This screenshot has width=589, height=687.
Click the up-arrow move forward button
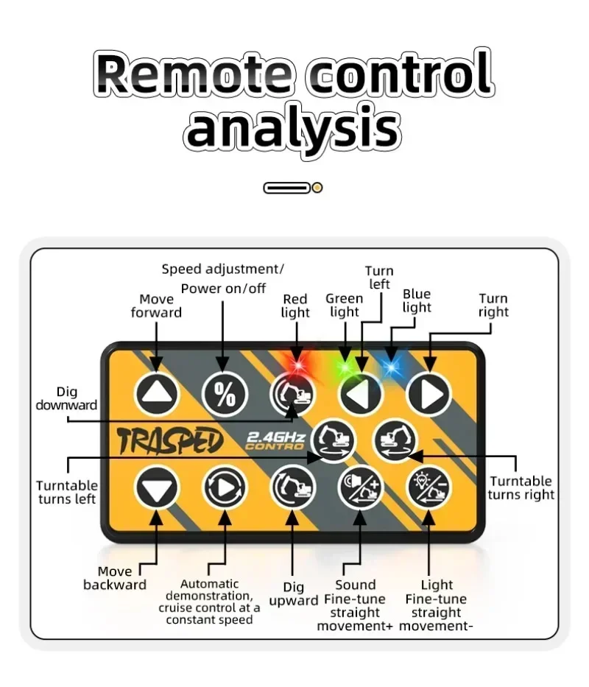(x=157, y=394)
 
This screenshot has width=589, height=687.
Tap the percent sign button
(x=225, y=394)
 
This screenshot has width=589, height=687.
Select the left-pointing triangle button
(x=361, y=394)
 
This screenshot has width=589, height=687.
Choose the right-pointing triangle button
(x=429, y=394)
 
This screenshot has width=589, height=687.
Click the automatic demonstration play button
(x=225, y=487)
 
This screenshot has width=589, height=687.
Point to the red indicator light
(x=297, y=364)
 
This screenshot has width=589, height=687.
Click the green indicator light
(x=345, y=366)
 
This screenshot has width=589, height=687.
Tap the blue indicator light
(x=392, y=366)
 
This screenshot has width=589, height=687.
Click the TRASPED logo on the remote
(x=170, y=440)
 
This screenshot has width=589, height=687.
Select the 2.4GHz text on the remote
(x=276, y=437)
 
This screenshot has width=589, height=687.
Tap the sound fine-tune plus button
(x=361, y=487)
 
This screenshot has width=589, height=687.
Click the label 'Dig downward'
(x=66, y=398)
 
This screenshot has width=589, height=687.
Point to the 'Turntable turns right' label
(x=521, y=487)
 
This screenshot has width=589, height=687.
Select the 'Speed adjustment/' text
(x=222, y=269)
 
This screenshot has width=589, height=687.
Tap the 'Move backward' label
(x=115, y=578)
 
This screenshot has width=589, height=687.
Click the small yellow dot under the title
(x=317, y=188)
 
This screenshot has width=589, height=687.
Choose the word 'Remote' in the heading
(x=193, y=73)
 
